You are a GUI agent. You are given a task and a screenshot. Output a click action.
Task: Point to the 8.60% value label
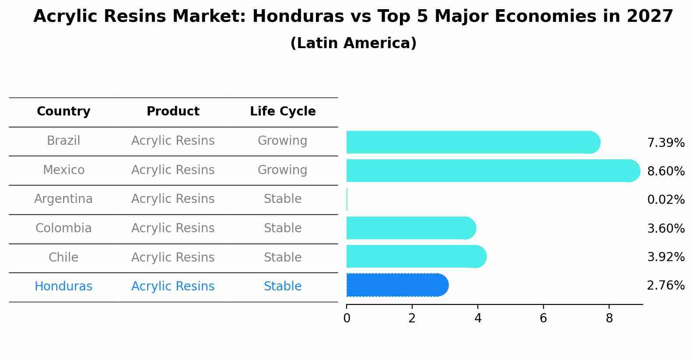click(666, 171)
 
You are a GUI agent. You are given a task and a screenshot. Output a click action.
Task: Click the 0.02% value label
click(666, 200)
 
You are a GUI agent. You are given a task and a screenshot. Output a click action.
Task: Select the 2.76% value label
click(666, 286)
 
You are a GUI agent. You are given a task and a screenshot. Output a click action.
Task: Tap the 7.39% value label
click(666, 143)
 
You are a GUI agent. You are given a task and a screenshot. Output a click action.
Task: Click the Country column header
click(63, 112)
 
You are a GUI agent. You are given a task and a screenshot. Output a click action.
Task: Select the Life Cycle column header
click(283, 112)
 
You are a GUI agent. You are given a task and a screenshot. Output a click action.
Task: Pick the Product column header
click(173, 112)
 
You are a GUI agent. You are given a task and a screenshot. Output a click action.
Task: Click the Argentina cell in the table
click(63, 199)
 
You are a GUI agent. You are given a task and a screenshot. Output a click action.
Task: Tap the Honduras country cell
click(63, 287)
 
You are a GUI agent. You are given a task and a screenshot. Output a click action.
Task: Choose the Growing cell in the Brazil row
click(282, 141)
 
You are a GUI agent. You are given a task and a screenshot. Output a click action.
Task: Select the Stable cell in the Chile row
click(282, 257)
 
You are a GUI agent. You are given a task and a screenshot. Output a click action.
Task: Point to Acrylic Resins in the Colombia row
click(173, 228)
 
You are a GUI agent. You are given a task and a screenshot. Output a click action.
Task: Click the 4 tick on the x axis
click(478, 318)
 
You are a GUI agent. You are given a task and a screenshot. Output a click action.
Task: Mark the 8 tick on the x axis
click(609, 318)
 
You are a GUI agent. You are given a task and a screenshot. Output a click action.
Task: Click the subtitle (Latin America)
click(353, 43)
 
